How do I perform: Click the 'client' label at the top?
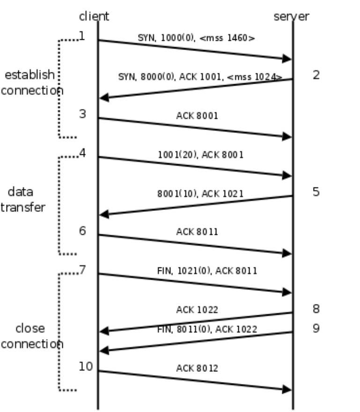point(94,16)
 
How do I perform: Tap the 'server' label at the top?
point(291,16)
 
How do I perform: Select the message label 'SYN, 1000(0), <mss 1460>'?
point(196,38)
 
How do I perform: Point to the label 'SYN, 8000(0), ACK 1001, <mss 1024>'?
point(200,77)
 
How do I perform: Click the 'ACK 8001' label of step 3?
point(197,116)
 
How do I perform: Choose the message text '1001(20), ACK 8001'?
point(201,154)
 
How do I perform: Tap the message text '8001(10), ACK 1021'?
point(200,194)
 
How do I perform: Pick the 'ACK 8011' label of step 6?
point(197,232)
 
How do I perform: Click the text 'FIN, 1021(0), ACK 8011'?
point(207,271)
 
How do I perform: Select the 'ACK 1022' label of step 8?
point(197,310)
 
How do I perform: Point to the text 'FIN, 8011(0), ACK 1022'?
point(207,329)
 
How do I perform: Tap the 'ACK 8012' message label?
point(197,368)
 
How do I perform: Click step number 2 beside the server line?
point(316,75)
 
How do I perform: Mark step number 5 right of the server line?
point(316,192)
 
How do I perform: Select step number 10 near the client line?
point(86,366)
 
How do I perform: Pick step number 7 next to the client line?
point(82,270)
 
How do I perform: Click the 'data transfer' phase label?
point(23,200)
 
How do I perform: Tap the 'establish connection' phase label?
point(32,83)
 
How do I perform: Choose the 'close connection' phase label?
point(32,336)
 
